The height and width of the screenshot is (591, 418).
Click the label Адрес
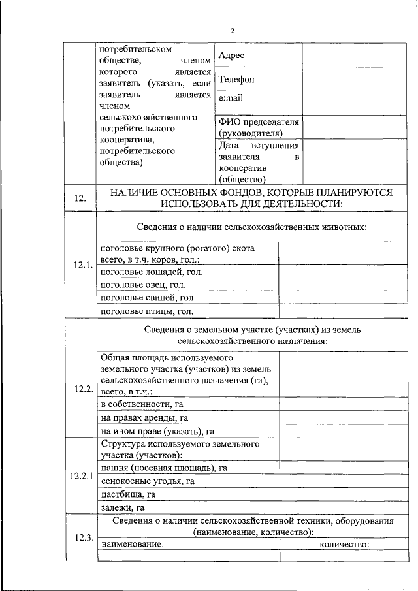coord(231,56)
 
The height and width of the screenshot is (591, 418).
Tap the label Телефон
coord(236,80)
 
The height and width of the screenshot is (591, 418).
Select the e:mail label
coord(230,98)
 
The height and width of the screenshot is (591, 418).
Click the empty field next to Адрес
coord(347,56)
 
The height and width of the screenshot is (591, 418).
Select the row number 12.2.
coord(82,388)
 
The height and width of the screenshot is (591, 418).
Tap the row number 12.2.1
coord(82,475)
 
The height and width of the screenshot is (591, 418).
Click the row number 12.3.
coord(82,538)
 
